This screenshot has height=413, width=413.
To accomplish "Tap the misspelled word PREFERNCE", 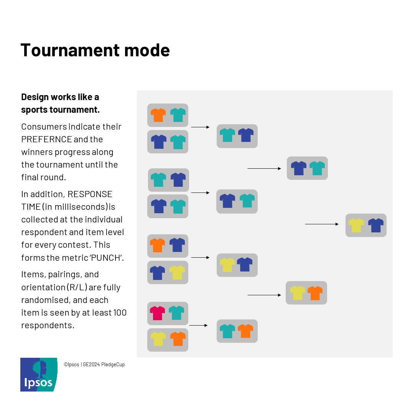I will (x=46, y=139).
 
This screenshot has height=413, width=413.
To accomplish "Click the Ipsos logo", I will (x=39, y=375).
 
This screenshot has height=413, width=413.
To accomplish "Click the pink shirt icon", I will (x=157, y=313).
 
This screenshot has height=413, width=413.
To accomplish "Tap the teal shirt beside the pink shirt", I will (x=176, y=313).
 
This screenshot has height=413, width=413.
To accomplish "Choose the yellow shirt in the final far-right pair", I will (x=356, y=225).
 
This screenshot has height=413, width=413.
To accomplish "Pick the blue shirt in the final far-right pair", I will (x=375, y=225).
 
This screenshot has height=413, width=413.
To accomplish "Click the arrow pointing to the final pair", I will (x=322, y=224).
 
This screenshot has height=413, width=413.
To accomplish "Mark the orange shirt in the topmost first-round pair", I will (x=158, y=115).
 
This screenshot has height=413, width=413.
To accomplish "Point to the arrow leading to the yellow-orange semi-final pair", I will (x=264, y=295).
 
